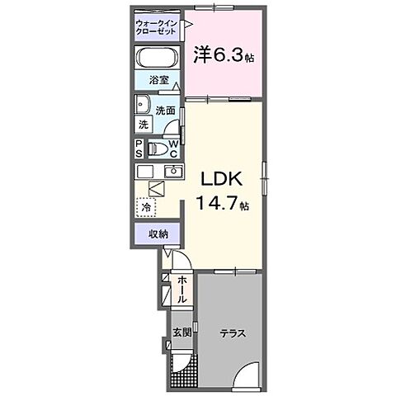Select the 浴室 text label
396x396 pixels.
158,82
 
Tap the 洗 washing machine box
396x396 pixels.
144,125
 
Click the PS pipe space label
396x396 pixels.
139,148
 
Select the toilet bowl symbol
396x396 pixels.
158,148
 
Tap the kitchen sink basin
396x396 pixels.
174,172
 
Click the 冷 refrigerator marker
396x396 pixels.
145,210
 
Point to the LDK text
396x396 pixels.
218,177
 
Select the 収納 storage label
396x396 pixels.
158,234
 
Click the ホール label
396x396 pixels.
182,290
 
